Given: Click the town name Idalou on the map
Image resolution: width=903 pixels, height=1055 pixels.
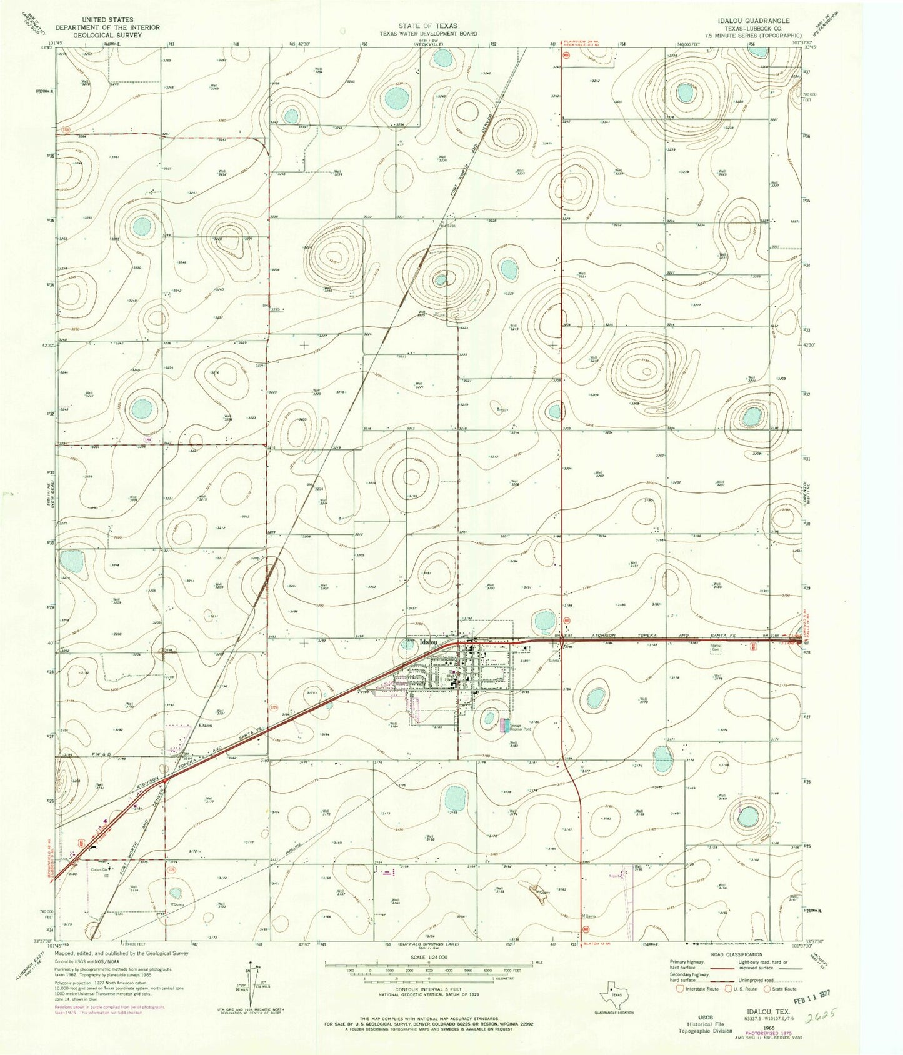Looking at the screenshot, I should (428, 642).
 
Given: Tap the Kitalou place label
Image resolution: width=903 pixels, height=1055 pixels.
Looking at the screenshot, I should (205, 726).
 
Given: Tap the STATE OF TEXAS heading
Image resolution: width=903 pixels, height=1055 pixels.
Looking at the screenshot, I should (428, 26).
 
